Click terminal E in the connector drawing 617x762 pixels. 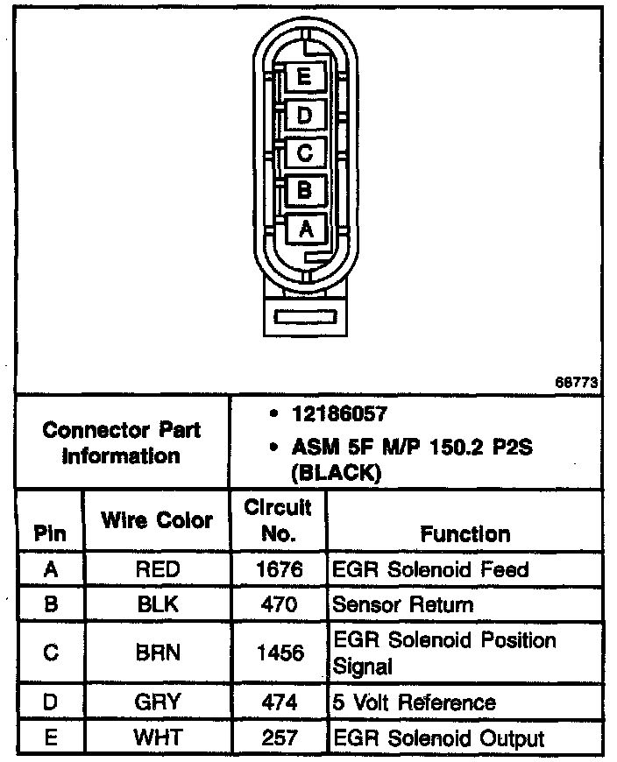point(303,77)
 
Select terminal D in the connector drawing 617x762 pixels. point(304,115)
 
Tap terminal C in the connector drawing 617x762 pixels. point(304,152)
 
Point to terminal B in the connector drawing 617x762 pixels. point(304,190)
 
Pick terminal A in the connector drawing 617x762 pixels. point(305,229)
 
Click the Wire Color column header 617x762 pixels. point(157,520)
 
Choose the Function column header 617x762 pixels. point(465,533)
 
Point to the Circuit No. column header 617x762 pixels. point(278,520)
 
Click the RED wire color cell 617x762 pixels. point(157,569)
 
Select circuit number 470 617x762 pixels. point(279,604)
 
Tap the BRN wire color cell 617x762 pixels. point(157,653)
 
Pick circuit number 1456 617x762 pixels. point(279,653)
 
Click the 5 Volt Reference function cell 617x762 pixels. point(414,702)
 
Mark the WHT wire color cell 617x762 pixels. point(157,737)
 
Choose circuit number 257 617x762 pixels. point(279,737)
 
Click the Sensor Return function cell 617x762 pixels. point(402,604)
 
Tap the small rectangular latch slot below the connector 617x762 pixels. point(304,314)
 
